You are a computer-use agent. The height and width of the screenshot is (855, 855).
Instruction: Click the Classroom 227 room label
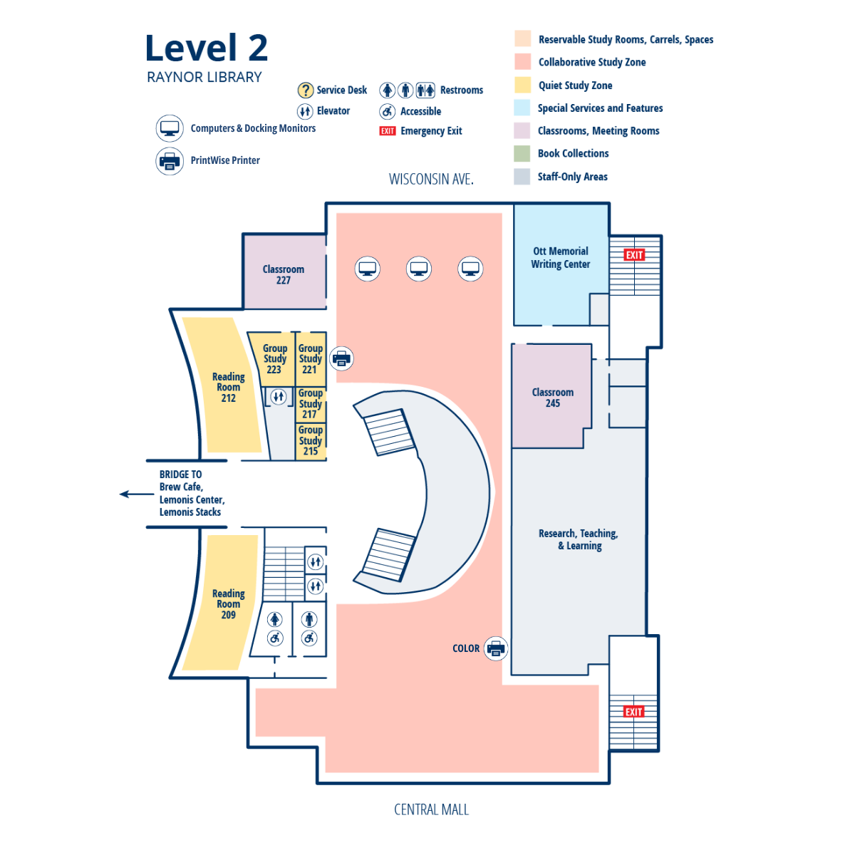point(283,274)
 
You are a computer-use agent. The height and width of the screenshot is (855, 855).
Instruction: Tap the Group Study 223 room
point(274,359)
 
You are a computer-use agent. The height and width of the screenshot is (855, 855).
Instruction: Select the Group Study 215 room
point(311,441)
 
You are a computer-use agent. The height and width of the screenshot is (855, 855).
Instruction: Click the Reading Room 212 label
point(228,387)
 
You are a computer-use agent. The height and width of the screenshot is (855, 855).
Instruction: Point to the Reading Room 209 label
point(228,603)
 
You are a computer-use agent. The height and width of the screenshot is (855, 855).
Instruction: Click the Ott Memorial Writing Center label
point(561,257)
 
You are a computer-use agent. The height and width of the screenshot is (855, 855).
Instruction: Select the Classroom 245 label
point(552,398)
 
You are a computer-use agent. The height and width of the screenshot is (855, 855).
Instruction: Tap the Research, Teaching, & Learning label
point(579,539)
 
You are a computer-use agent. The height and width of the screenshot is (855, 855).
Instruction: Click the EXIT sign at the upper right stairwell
point(634,255)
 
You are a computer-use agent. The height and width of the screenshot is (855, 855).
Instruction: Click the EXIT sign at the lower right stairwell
point(633,712)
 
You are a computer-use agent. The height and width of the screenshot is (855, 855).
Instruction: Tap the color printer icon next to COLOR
point(496,648)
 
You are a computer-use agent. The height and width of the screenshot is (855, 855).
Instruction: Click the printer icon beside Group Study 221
point(342,358)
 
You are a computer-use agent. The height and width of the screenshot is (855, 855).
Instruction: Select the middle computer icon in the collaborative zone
point(419,269)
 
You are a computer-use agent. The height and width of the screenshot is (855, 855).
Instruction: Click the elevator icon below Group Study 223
point(279,396)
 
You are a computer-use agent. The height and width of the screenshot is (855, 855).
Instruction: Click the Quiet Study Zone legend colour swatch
point(522,85)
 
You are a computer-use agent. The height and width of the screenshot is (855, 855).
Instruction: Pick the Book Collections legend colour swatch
point(522,154)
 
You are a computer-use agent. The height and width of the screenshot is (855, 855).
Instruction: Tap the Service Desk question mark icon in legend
point(305,90)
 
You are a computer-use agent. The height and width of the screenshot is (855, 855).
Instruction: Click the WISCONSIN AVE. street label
point(431,180)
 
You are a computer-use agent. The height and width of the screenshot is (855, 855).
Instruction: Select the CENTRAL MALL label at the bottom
point(431,809)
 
